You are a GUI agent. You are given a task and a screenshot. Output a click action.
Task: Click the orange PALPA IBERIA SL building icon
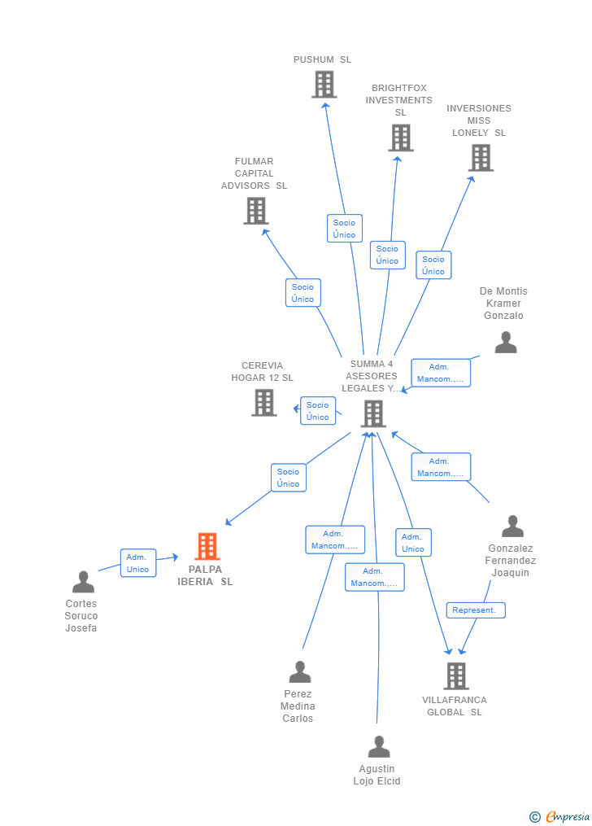(x=207, y=546)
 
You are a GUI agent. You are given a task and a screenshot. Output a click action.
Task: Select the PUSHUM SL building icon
(x=324, y=84)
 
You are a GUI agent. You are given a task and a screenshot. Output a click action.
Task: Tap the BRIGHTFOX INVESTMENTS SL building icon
(x=400, y=138)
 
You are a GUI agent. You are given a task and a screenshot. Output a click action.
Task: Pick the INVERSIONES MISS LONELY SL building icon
(x=481, y=157)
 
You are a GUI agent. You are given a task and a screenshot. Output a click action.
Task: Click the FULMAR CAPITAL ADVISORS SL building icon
(x=255, y=211)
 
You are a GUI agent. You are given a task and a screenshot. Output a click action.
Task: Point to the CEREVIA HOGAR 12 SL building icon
(x=263, y=402)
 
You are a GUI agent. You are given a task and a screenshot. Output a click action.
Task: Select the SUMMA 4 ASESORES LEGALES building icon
(x=372, y=413)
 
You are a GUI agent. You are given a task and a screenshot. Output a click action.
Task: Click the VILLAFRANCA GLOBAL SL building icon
(x=455, y=675)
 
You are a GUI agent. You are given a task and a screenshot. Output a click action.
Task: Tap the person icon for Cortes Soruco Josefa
(x=83, y=582)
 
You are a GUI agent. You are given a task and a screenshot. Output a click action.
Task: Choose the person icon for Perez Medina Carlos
(x=299, y=672)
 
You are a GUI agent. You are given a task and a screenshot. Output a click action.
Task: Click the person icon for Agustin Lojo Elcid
(x=378, y=747)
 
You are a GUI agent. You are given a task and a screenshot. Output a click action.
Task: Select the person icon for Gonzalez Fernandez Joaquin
(x=511, y=527)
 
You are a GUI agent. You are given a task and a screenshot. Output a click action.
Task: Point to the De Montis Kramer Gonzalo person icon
(x=505, y=343)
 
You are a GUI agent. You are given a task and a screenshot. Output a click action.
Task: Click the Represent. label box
(x=476, y=610)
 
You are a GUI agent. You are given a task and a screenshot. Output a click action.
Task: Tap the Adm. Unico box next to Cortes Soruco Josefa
(x=138, y=563)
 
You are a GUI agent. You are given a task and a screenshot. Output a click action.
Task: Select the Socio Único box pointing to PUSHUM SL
(x=344, y=229)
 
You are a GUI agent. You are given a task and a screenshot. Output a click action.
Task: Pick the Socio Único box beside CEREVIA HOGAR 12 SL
(x=318, y=411)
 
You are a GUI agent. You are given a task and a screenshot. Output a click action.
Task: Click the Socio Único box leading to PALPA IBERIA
(x=288, y=478)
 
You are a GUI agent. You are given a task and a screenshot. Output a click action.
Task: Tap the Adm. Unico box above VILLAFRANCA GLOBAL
(x=413, y=543)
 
